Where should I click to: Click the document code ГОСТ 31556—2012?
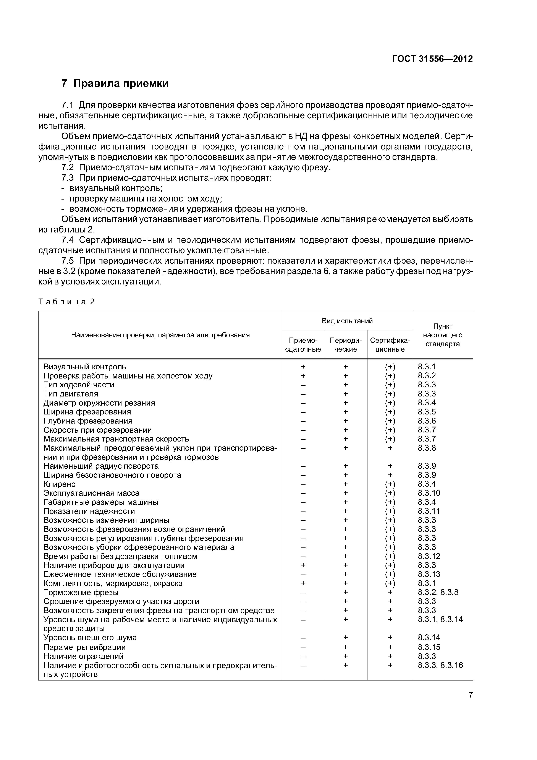(432, 59)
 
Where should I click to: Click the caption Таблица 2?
(66, 302)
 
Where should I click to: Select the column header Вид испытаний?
(347, 321)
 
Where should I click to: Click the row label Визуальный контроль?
(85, 367)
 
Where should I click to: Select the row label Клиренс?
(59, 484)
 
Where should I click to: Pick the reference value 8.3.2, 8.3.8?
(438, 592)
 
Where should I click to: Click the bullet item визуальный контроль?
(115, 188)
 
